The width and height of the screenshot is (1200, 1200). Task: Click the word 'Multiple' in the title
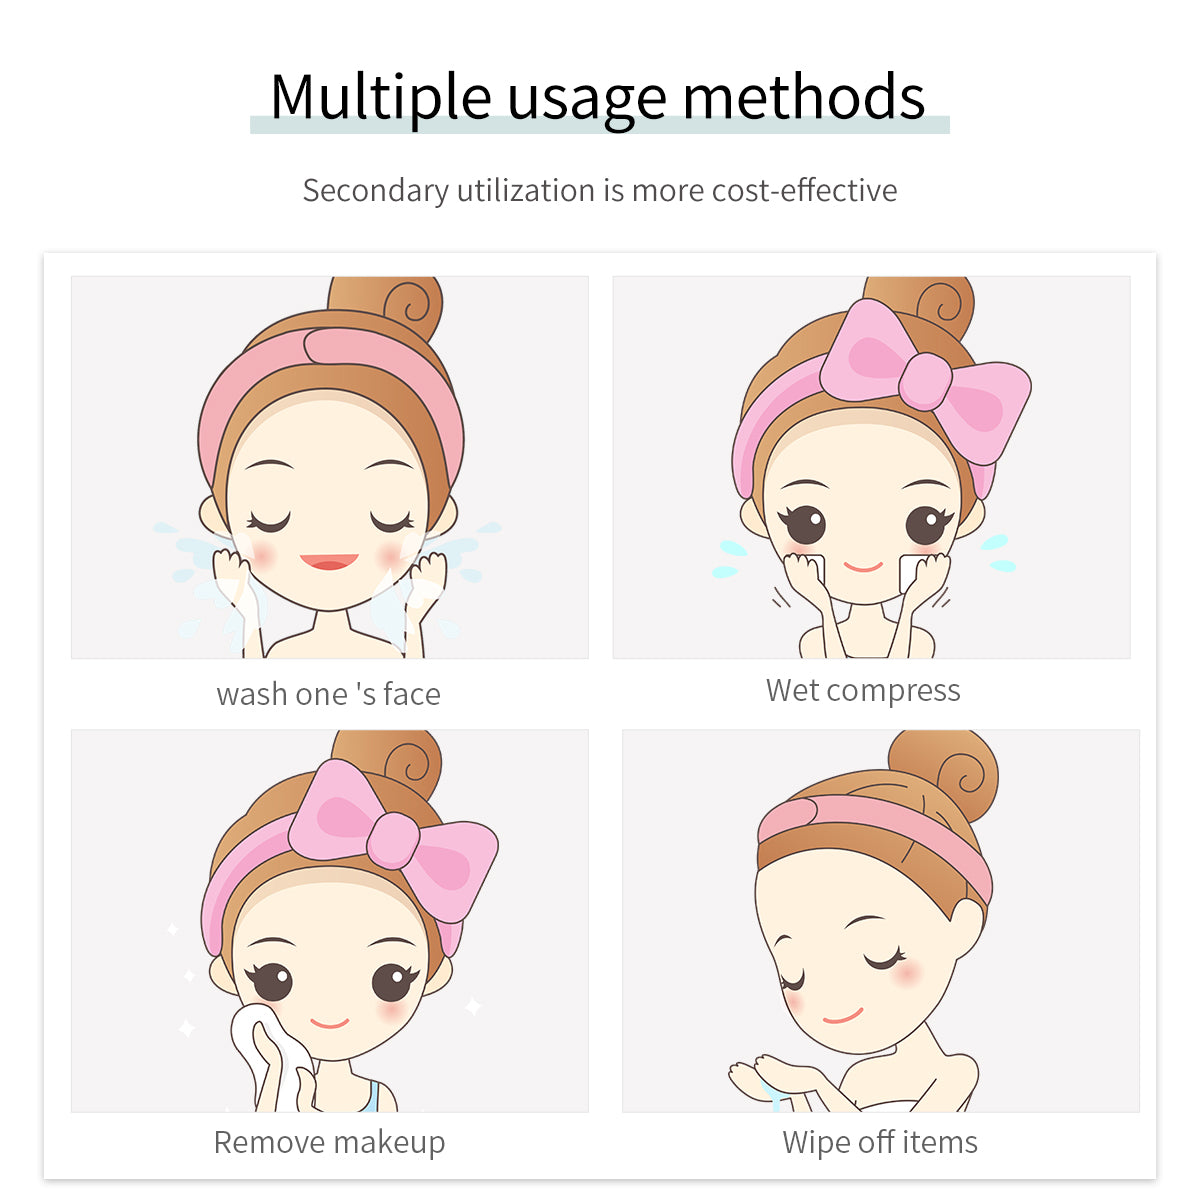pos(380,97)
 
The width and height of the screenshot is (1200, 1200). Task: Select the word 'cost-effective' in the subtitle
pos(804,190)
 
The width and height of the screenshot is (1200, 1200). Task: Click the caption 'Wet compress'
pos(863,691)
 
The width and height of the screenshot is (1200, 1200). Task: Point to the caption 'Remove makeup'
pos(329,1142)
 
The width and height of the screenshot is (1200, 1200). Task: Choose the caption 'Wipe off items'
pos(880,1142)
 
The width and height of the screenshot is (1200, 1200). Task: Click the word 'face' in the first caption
pos(412,694)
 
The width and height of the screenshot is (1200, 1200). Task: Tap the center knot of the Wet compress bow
pos(925,381)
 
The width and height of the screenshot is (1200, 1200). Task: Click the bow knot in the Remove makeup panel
pos(393,840)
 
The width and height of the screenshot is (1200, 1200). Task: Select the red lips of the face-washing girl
pos(329,561)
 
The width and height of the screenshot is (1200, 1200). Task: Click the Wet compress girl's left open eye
pos(805,524)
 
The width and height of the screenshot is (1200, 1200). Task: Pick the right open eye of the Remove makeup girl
pos(393,982)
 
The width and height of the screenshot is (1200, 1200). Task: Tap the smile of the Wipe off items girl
pos(843,1017)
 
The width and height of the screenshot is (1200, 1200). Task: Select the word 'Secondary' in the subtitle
pos(376,191)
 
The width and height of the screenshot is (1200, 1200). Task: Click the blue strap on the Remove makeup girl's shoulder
pos(371,1097)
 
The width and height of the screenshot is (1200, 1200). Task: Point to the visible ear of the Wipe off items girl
pos(966,929)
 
